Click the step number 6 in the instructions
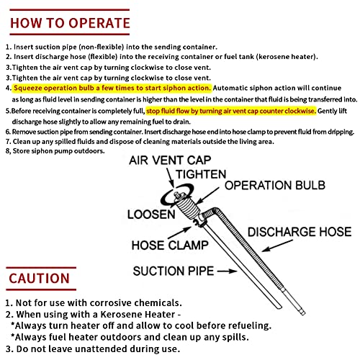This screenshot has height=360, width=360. (7, 133)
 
